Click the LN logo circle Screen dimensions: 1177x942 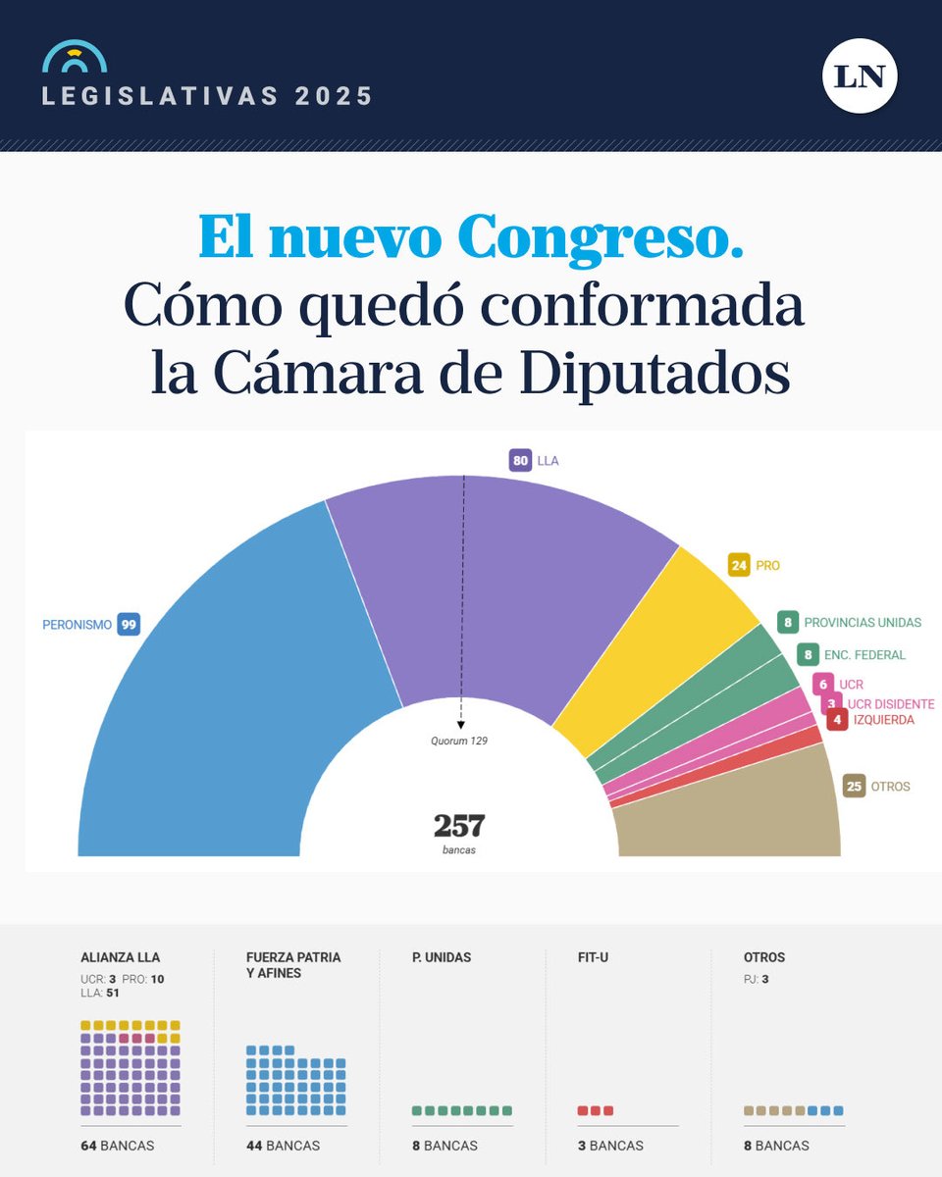point(860,76)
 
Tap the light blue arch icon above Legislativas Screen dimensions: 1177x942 point(75,58)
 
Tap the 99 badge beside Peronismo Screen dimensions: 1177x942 point(129,624)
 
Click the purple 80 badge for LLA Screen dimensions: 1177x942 point(521,460)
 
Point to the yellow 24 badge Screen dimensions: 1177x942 point(739,565)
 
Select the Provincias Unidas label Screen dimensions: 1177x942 point(862,623)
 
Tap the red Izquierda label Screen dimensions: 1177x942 point(883,720)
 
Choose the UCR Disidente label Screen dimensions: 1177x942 point(891,704)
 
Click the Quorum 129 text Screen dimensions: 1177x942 point(459,742)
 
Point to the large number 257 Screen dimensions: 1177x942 point(459,826)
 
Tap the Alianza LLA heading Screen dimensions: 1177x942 point(120,957)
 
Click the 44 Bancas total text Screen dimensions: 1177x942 point(283,1146)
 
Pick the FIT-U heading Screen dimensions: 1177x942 point(593,957)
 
